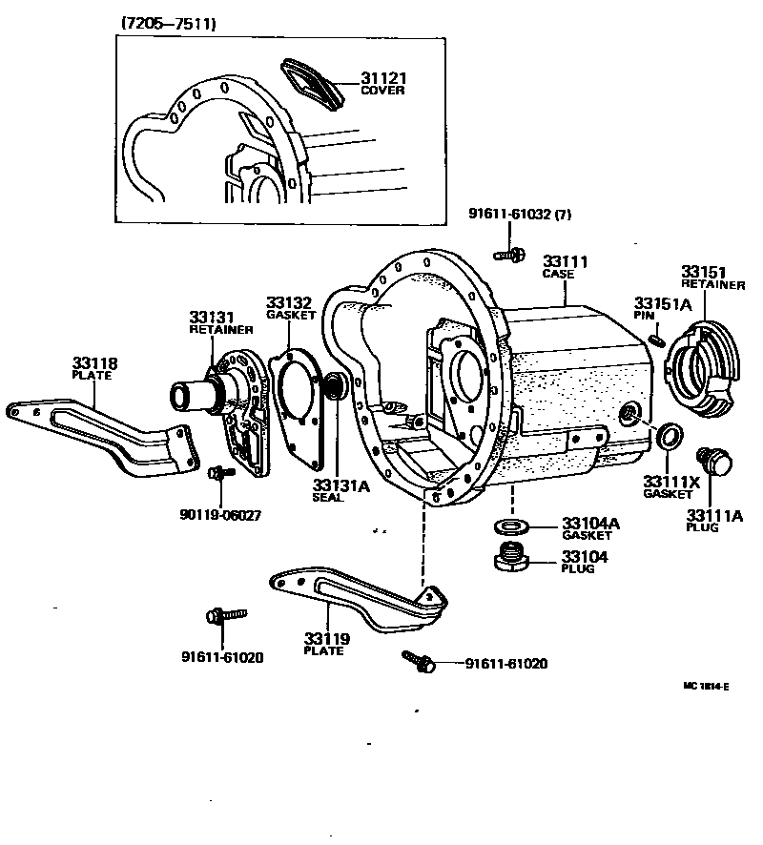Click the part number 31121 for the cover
382,78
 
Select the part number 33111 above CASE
565,261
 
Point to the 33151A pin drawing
655,338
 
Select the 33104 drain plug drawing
513,557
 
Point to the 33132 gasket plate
299,395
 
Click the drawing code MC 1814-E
706,686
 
